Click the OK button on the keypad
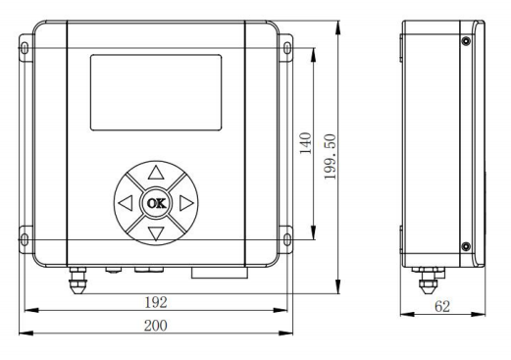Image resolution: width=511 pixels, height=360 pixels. (156, 203)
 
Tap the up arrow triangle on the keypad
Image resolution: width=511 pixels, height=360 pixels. (156, 174)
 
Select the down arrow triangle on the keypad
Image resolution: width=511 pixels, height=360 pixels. (156, 233)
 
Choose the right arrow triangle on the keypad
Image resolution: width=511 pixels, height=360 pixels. (186, 203)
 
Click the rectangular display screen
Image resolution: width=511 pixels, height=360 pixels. (156, 92)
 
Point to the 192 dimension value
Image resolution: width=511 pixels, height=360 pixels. (156, 302)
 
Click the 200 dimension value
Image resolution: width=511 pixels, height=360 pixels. (156, 326)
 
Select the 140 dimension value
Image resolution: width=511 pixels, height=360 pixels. (305, 143)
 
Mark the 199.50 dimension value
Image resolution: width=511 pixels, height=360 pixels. (330, 157)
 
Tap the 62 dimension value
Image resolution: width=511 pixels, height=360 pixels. (442, 306)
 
